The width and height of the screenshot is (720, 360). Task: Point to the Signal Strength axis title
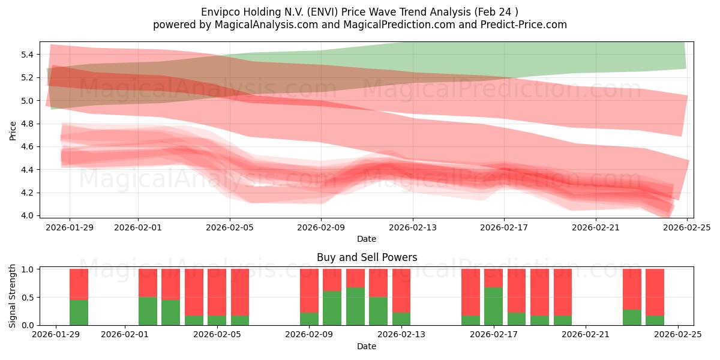[13, 296]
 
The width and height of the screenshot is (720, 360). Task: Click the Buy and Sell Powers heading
[367, 257]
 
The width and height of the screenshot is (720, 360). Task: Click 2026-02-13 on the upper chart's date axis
[413, 227]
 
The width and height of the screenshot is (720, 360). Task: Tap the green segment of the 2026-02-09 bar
[309, 319]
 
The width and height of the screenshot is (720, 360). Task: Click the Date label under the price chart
[367, 239]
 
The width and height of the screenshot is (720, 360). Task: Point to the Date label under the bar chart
[367, 347]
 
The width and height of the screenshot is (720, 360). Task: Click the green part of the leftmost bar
[79, 312]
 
